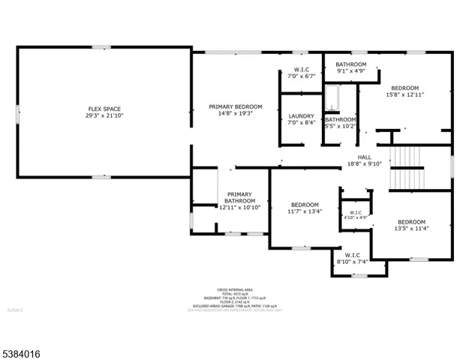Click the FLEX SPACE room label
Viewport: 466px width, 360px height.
click(103, 109)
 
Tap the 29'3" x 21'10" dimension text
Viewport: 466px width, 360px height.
click(103, 116)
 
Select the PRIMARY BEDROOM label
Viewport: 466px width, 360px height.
click(235, 107)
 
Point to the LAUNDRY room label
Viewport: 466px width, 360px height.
click(301, 116)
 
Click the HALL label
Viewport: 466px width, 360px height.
click(364, 157)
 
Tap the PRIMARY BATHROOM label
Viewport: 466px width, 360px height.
click(240, 198)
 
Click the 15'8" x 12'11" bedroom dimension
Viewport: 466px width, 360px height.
click(405, 95)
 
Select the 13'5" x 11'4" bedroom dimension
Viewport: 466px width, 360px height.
click(411, 229)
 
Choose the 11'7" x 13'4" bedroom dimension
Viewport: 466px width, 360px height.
click(305, 212)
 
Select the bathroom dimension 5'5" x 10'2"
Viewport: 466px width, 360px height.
click(340, 127)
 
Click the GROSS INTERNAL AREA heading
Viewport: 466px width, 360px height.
click(235, 289)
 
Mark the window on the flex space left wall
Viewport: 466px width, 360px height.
click(18, 113)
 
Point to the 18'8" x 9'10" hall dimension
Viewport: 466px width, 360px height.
click(364, 163)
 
